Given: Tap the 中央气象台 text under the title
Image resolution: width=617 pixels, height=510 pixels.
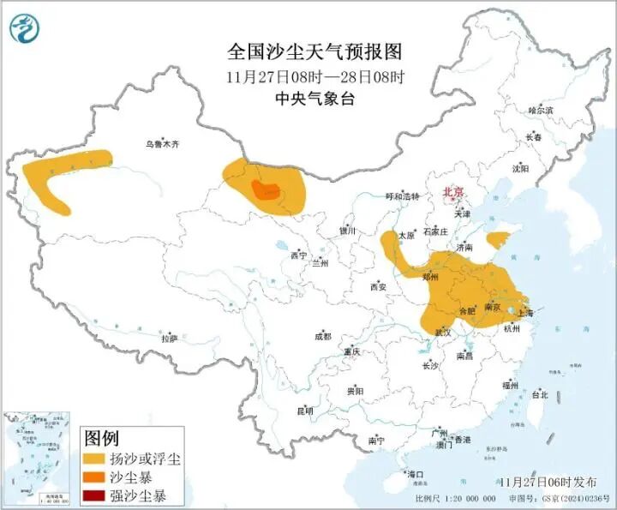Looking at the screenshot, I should point(314,99).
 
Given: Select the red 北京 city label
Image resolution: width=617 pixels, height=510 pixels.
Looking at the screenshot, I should point(452,192).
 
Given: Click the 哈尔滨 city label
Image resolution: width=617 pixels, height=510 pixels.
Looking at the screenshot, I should point(541,111).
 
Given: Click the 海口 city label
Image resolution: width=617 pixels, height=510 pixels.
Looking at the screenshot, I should point(416,473).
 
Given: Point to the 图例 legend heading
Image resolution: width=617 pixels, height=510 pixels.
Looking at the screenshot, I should point(101,438).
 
